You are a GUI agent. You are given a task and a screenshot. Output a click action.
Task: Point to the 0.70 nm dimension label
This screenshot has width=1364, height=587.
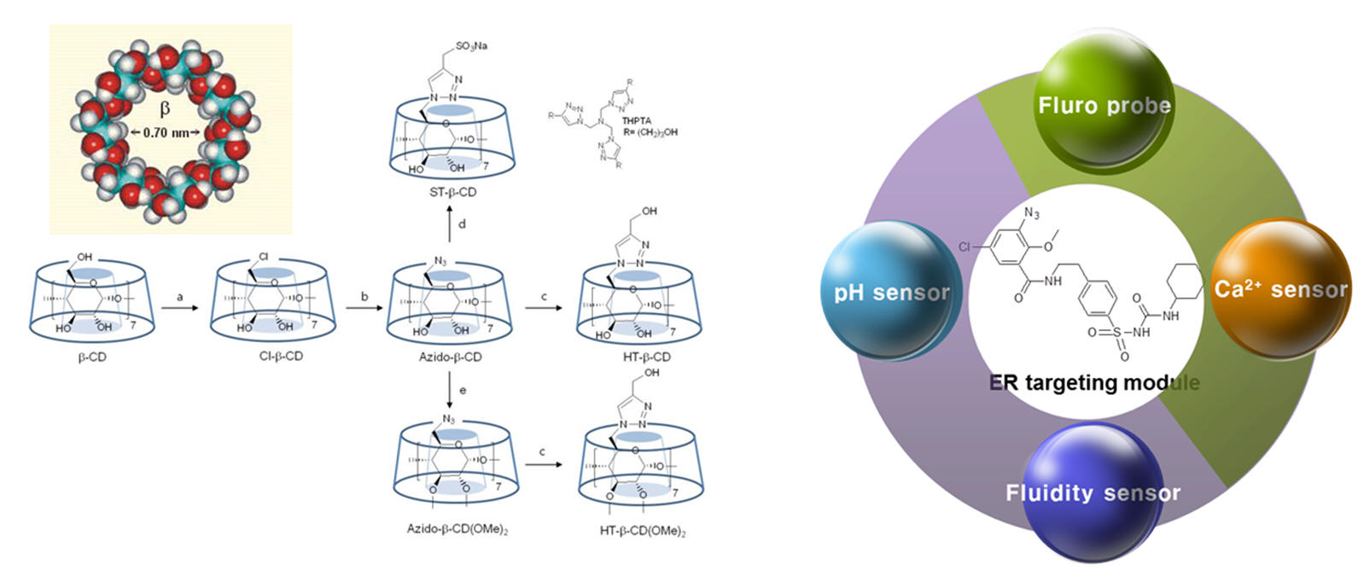click(165, 132)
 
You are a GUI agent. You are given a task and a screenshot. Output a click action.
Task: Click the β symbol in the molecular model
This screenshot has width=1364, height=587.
click(165, 108)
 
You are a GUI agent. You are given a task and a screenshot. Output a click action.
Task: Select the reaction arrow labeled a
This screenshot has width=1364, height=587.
click(180, 308)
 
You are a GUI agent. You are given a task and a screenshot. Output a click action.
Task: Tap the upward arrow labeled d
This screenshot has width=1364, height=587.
click(451, 224)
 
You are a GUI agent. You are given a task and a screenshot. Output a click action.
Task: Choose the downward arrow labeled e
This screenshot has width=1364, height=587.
click(451, 392)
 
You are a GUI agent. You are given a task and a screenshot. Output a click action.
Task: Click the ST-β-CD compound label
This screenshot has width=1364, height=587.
click(452, 193)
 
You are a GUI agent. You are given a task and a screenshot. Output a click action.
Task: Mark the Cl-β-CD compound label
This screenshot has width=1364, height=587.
click(281, 356)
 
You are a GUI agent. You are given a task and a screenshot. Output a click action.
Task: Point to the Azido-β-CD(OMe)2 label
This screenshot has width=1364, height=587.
click(457, 529)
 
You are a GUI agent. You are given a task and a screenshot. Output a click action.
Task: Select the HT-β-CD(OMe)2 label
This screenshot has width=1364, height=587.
click(643, 531)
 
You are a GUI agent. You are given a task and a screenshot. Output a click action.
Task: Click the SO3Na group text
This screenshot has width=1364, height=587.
click(471, 46)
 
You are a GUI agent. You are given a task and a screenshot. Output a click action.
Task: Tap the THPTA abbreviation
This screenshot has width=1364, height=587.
click(636, 121)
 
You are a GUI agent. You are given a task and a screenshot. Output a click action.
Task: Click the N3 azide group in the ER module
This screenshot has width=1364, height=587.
click(1031, 213)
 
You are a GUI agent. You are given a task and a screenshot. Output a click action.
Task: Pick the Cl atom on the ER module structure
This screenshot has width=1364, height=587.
click(965, 247)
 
